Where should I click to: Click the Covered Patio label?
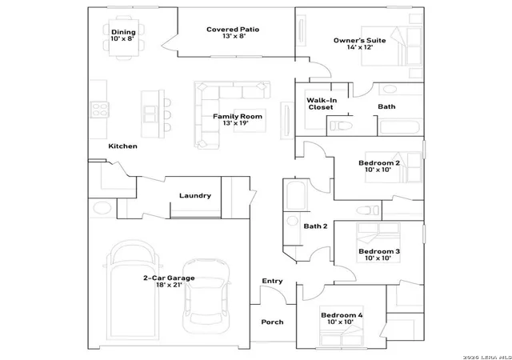[x=233, y=30]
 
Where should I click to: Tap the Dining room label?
[x=123, y=32]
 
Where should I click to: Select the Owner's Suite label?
[x=359, y=41]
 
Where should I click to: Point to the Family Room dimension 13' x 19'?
[x=236, y=123]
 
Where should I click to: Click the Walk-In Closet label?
[x=322, y=103]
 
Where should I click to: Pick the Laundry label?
[x=195, y=196]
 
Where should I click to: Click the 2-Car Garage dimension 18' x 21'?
[x=169, y=285]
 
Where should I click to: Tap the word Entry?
[x=272, y=281]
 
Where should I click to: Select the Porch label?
[x=272, y=322]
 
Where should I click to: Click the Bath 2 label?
[x=315, y=226]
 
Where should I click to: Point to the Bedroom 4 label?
[x=342, y=315]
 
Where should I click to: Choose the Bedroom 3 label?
[x=379, y=251]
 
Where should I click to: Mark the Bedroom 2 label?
[x=379, y=163]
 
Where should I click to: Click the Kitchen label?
[x=122, y=146]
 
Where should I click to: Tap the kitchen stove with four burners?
[x=99, y=110]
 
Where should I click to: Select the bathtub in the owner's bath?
[x=400, y=127]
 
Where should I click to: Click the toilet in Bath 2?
[x=367, y=210]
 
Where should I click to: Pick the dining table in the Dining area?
[x=124, y=38]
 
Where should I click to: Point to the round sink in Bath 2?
[x=292, y=221]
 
